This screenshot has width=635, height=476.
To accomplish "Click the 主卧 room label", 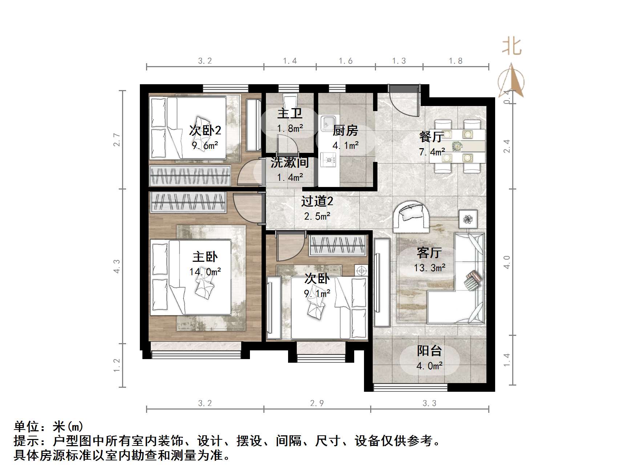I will [205, 257].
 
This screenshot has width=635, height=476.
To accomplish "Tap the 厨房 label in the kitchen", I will [345, 130].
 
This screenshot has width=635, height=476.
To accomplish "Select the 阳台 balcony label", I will [429, 351].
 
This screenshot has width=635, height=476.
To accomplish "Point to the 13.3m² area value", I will [430, 268].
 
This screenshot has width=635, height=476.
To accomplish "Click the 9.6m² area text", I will [205, 146].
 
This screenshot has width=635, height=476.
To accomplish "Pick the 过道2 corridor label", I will [317, 201].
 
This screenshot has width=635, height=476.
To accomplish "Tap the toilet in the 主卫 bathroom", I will [290, 100].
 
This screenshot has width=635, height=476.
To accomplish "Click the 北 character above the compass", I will [512, 47].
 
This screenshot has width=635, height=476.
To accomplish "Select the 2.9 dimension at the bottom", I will [317, 403].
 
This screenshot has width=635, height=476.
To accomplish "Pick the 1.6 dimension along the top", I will [345, 61].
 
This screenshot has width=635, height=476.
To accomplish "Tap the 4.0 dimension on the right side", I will [507, 262].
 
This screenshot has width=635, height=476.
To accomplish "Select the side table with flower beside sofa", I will [468, 219].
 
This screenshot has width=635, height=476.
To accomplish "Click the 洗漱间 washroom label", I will [290, 162].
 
